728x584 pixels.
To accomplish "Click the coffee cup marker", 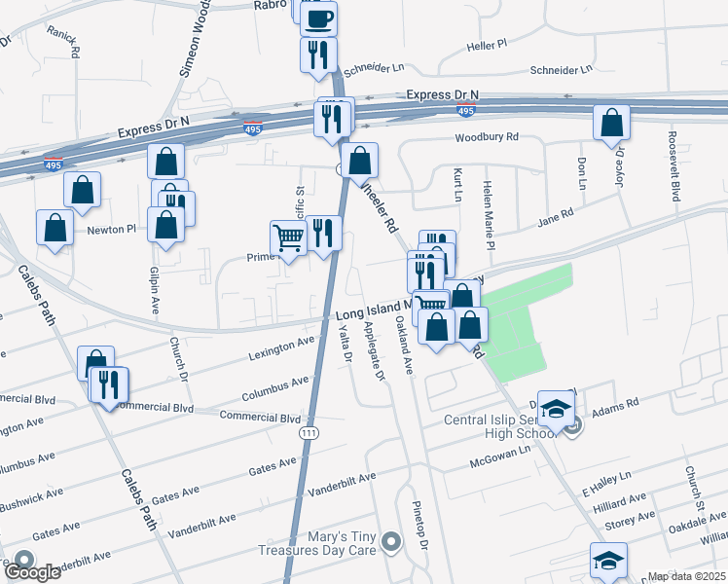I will coord(319,18).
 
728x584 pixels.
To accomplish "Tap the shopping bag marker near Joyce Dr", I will coord(612,124).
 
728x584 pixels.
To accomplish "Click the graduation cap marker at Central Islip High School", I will coord(556,410).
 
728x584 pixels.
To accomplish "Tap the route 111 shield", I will coord(309,440).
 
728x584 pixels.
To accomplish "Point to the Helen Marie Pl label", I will coord(489,219).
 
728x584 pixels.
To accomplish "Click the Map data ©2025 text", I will coord(687,576).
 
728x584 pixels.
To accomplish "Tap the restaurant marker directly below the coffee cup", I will coord(319,55).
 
